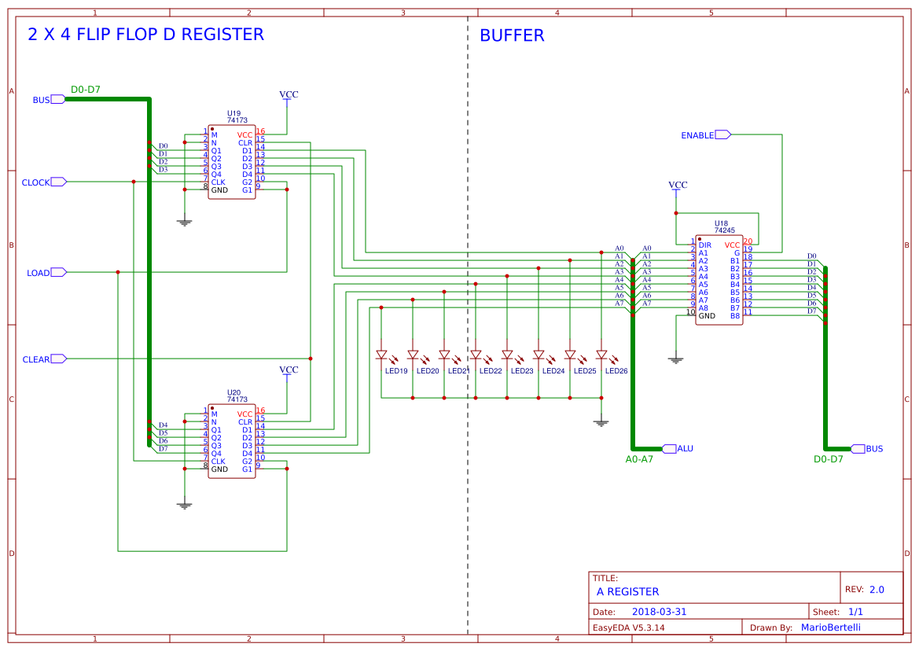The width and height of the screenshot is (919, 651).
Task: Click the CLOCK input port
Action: [58, 182]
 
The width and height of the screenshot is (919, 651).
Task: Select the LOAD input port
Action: [58, 272]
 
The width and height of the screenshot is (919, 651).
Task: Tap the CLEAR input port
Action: [58, 359]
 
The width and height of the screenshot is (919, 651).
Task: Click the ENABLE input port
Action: [722, 134]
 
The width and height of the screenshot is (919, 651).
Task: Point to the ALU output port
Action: [669, 448]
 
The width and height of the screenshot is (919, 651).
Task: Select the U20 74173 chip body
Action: [231, 442]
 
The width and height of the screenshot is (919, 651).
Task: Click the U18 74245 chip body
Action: [719, 280]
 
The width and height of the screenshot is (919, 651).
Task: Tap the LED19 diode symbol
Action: [381, 355]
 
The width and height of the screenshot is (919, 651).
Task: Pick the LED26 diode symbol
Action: [601, 355]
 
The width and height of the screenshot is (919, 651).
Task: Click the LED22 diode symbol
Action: [476, 355]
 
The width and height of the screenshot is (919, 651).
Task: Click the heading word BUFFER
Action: [512, 35]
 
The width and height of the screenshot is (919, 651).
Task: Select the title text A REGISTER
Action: [627, 591]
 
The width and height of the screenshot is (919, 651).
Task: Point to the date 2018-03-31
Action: [659, 612]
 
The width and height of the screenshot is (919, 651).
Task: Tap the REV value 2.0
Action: [877, 589]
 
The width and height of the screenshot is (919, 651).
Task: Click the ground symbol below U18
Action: [675, 359]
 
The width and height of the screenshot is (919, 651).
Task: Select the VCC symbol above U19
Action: [289, 95]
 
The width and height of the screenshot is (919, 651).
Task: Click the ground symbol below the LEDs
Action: [601, 423]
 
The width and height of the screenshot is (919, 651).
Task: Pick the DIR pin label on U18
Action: [704, 245]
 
